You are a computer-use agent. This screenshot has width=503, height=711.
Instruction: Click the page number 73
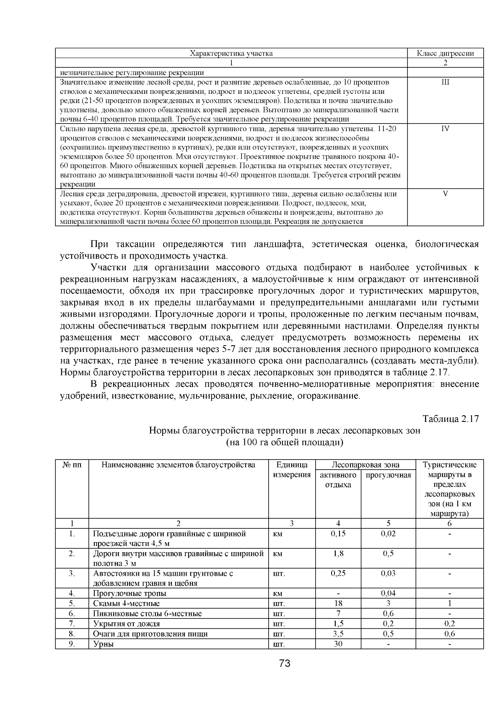[285, 663]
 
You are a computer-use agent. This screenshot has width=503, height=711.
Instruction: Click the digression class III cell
[445, 82]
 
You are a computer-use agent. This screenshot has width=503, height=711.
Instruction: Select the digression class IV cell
[445, 129]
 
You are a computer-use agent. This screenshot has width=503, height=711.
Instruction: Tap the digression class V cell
[445, 194]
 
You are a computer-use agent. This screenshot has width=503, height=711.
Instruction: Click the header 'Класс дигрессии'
[445, 53]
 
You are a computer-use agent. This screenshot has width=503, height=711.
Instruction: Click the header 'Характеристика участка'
[231, 53]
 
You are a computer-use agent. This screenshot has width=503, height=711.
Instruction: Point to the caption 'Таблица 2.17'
[450, 419]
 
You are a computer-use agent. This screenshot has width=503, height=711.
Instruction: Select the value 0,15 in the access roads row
[338, 534]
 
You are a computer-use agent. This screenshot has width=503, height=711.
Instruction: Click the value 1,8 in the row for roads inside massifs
[338, 553]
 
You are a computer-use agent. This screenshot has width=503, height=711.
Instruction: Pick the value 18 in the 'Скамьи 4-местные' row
[338, 604]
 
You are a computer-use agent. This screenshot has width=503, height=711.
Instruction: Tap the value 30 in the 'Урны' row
[338, 644]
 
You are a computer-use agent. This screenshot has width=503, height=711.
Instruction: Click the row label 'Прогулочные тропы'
[130, 593]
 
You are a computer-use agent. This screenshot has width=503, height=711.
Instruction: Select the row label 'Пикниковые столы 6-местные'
[147, 614]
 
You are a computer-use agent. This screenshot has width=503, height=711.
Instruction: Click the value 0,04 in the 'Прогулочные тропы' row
[388, 593]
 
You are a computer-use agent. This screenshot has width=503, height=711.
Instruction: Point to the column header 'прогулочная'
[388, 475]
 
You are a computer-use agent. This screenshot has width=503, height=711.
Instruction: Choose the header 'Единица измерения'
[292, 470]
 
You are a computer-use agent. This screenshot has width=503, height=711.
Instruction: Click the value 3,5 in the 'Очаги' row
[338, 634]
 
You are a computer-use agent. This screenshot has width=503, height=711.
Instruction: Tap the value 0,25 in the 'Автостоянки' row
[338, 573]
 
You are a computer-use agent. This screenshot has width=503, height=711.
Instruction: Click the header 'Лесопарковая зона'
[365, 465]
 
